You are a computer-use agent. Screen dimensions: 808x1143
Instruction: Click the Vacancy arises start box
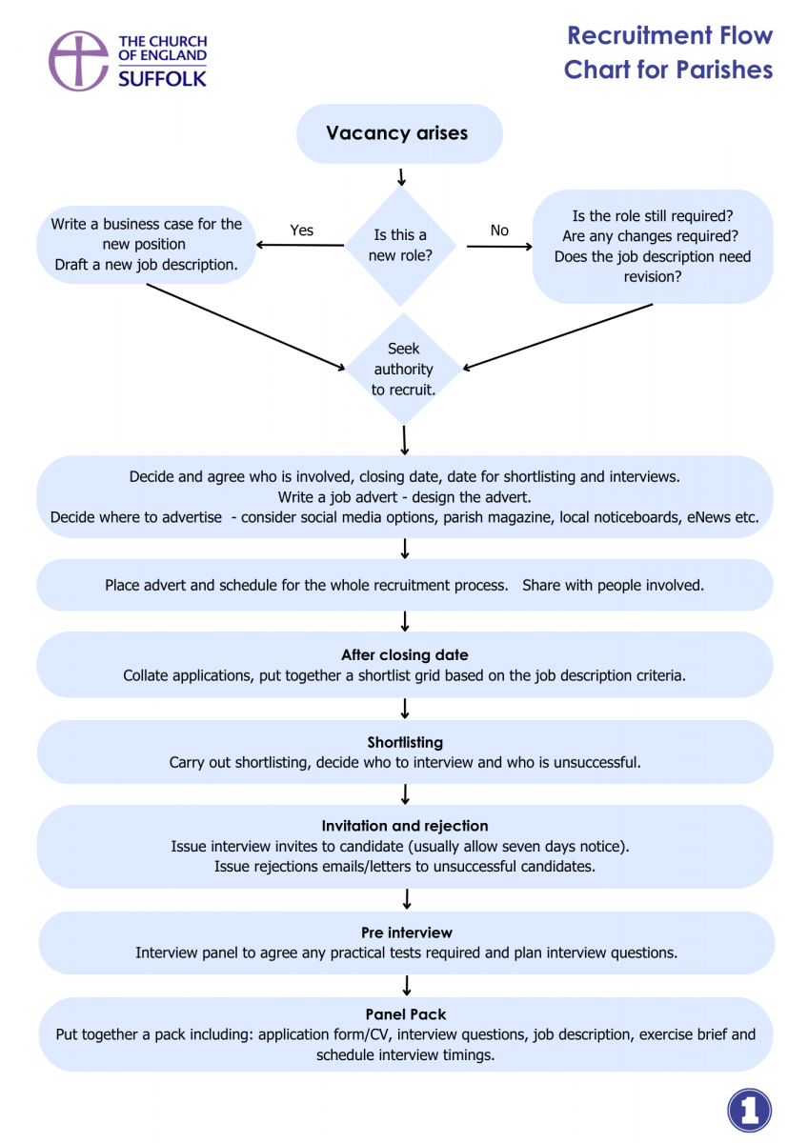pos(399,133)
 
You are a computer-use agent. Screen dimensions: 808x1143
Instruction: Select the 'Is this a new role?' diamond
pos(401,246)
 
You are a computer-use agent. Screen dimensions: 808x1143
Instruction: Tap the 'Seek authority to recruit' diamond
pos(403,369)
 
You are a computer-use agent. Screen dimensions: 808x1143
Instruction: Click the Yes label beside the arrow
pos(302,231)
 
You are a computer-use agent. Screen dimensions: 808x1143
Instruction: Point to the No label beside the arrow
pos(499,231)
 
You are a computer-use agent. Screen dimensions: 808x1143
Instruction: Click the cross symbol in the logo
pos(78,60)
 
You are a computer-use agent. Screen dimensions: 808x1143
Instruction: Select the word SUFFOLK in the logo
pos(162,79)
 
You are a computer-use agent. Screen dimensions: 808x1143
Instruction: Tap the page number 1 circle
pos(749,1111)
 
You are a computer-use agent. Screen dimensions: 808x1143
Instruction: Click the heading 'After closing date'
pos(405,654)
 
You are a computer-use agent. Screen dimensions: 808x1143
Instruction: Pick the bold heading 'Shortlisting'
pos(405,742)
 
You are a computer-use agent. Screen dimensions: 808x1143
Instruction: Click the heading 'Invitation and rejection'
pos(405,826)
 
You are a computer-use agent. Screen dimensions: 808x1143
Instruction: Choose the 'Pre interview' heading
pos(407,932)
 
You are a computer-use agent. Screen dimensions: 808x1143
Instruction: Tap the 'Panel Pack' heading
pos(406,1013)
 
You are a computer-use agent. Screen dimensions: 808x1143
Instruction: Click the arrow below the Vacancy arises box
pos(401,177)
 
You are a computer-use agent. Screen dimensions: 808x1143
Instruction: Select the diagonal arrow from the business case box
pos(246,327)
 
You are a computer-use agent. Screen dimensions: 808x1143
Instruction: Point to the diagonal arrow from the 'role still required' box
pos(557,336)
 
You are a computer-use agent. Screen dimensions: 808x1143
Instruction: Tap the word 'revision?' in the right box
pos(653,276)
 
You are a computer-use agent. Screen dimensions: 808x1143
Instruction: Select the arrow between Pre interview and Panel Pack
pos(407,985)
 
